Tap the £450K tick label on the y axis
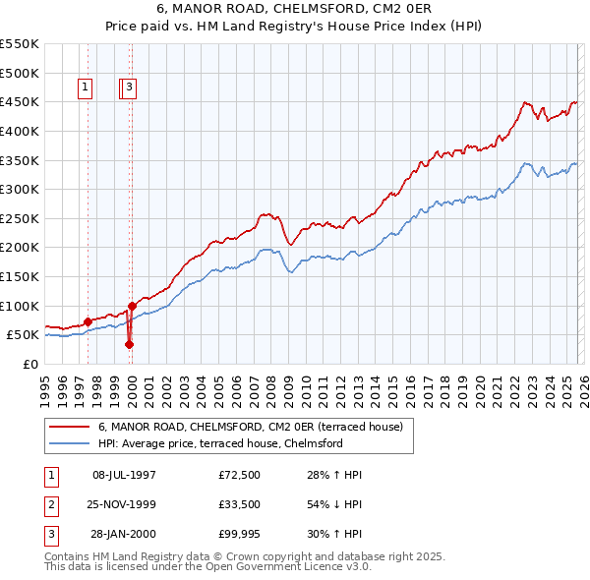pyautogui.click(x=20, y=102)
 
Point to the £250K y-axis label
pyautogui.click(x=20, y=218)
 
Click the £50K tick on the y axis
pyautogui.click(x=24, y=335)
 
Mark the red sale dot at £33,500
pyautogui.click(x=129, y=344)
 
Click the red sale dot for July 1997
pyautogui.click(x=88, y=321)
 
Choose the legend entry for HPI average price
pyautogui.click(x=219, y=443)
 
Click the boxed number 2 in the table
pyautogui.click(x=51, y=506)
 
